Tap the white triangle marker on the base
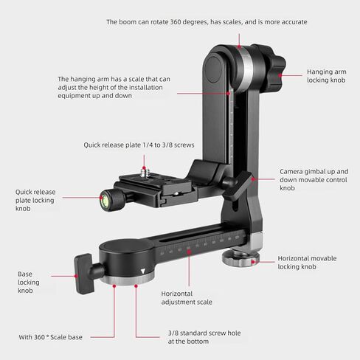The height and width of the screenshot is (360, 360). [143, 271]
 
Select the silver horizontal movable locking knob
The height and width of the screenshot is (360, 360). [240, 259]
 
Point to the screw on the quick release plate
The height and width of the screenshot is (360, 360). [144, 172]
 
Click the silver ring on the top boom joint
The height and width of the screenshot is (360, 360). [246, 69]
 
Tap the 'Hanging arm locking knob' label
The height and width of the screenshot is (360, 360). [326, 76]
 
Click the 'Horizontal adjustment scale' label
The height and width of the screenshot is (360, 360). [187, 298]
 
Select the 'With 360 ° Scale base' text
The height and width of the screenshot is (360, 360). [50, 337]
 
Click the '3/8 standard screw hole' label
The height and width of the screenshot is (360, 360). [204, 333]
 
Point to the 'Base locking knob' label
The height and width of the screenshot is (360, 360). [29, 283]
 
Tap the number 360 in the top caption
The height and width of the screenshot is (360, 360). [176, 22]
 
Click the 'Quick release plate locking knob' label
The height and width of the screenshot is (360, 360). [35, 200]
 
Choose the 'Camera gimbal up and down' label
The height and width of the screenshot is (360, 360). [314, 176]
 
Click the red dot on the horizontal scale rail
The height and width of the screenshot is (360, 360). [189, 252]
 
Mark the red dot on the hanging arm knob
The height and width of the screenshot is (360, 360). [280, 75]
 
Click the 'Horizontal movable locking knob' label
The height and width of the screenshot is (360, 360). [307, 263]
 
